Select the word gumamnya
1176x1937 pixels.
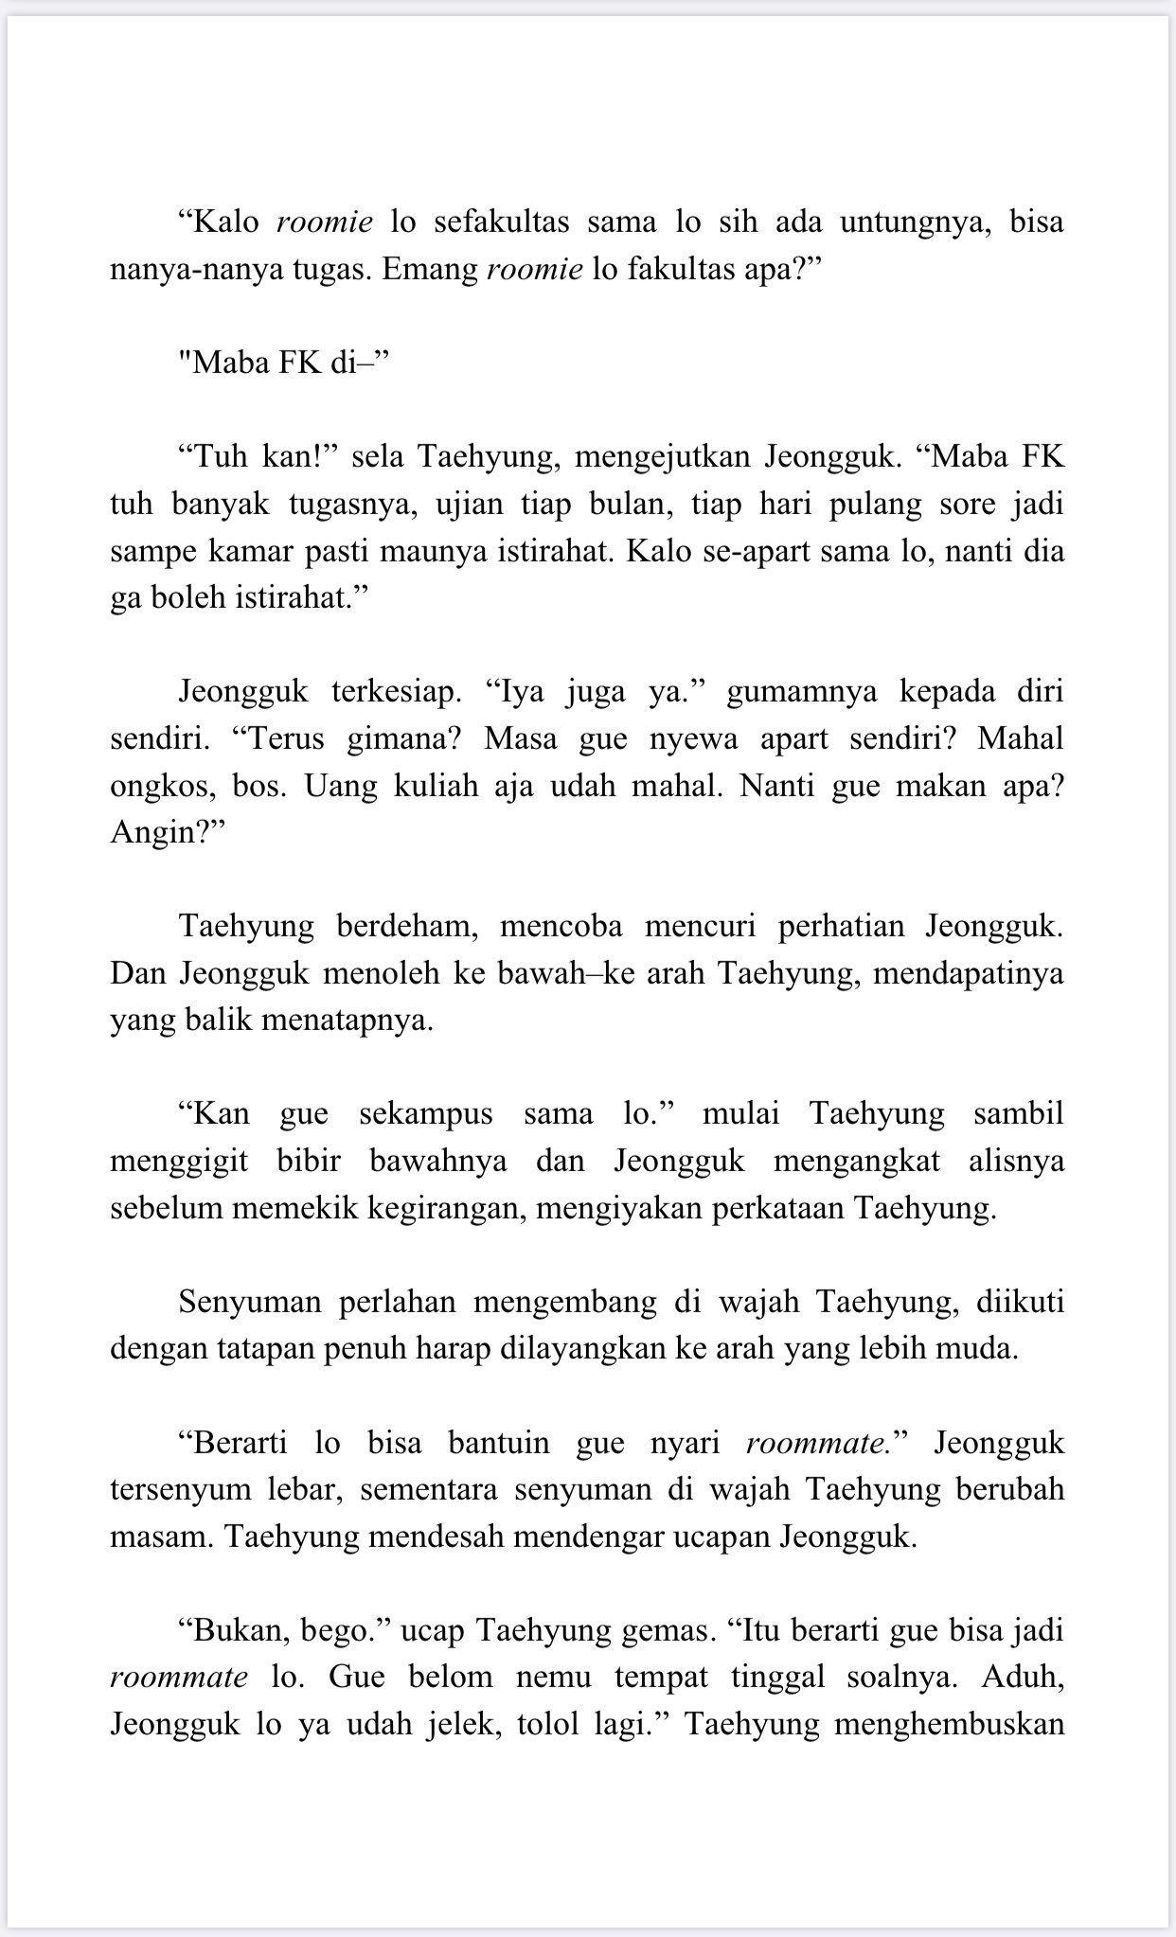799,692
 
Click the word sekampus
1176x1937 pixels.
426,1114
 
